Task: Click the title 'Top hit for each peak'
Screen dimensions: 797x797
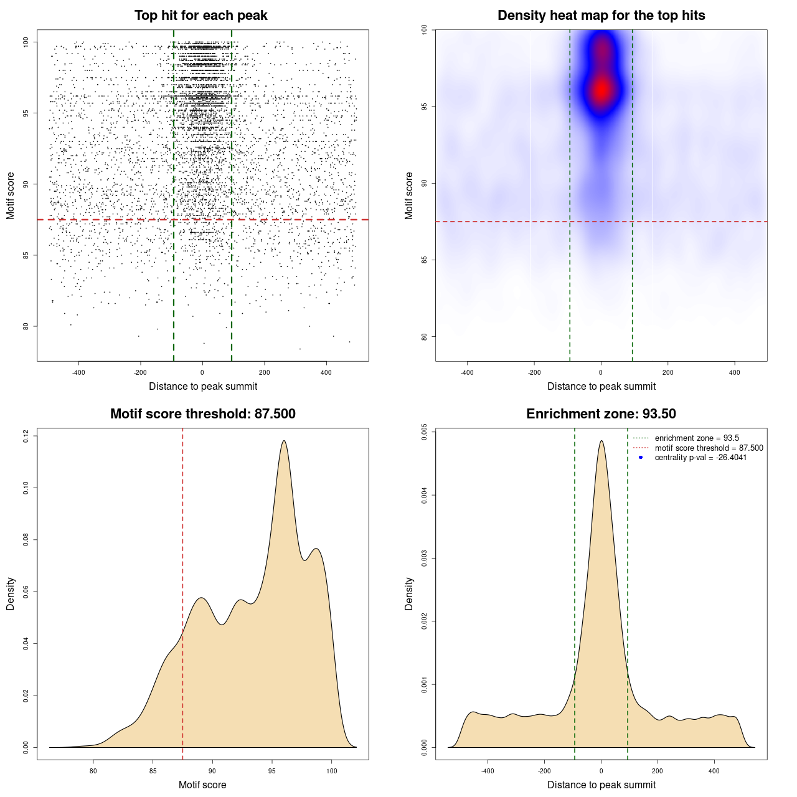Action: pos(200,16)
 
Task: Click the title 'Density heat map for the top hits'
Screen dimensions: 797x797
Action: pos(601,16)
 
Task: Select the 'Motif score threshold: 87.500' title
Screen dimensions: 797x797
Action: pos(202,414)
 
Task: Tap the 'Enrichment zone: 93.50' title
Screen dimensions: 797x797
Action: pos(601,414)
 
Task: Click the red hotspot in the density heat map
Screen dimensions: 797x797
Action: pos(601,90)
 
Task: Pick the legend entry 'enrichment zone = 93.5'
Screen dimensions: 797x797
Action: pos(697,438)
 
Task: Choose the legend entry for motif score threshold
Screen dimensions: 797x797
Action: pos(709,448)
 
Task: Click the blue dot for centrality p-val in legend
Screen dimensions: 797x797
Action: pos(641,458)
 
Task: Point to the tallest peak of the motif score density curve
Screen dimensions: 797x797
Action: pos(284,441)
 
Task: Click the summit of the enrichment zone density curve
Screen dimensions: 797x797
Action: pos(601,441)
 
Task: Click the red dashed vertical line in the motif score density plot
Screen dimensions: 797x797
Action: pos(182,592)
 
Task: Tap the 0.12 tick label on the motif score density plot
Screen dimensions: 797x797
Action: pos(26,436)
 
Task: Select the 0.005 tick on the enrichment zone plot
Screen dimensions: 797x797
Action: pos(424,432)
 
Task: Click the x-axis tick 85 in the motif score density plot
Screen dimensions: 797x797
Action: pos(153,771)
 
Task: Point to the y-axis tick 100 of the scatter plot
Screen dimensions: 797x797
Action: pos(26,42)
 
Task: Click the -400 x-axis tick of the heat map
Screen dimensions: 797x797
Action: pos(467,372)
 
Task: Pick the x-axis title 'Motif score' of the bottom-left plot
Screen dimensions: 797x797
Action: pos(202,785)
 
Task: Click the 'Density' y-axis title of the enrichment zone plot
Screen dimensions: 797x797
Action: pos(409,593)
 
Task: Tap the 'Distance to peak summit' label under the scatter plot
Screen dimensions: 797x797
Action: pos(203,386)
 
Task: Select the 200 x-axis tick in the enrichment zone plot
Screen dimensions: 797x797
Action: pos(658,771)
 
